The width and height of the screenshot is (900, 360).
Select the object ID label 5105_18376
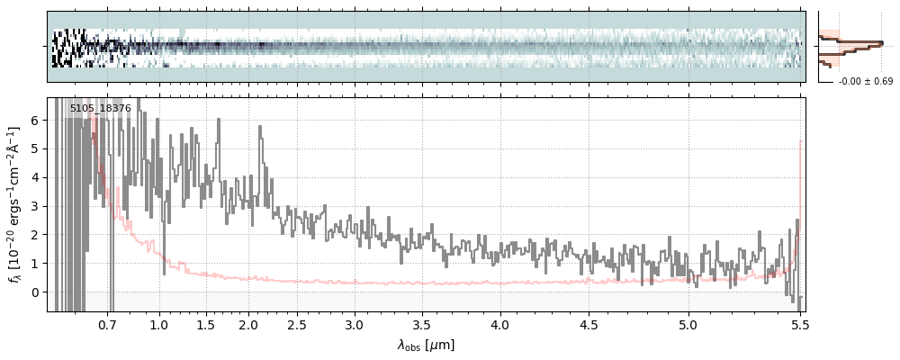tap(100, 109)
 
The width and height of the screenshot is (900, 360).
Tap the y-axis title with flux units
tap(14, 204)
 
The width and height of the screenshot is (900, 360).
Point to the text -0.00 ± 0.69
tap(865, 82)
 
